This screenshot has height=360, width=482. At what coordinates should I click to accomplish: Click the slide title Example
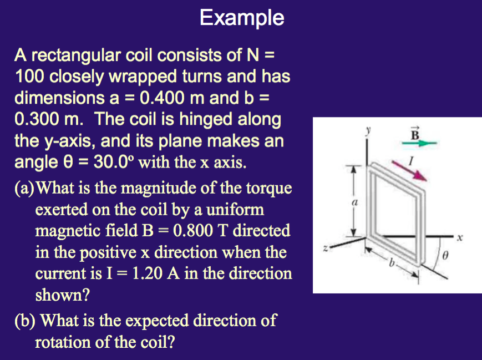(x=242, y=18)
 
